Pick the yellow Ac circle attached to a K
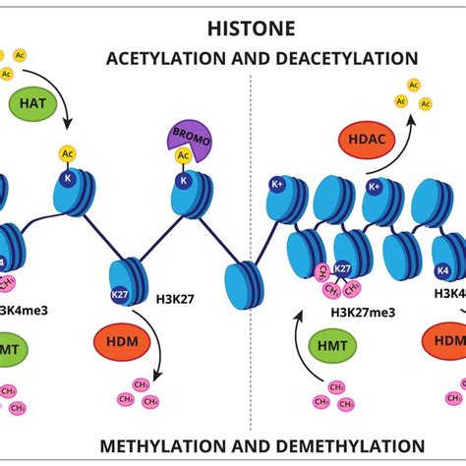tap(68, 154)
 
